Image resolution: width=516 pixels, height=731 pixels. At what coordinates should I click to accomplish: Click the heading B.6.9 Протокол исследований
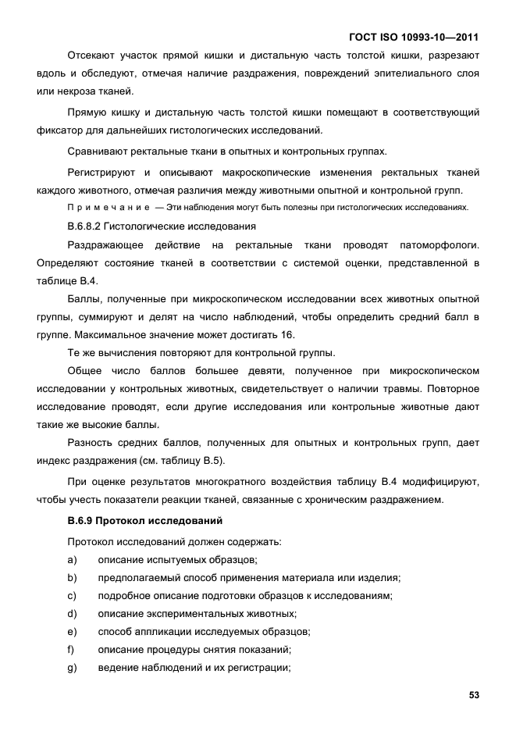point(134,520)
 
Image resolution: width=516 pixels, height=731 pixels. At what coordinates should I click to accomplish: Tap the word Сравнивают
point(98,151)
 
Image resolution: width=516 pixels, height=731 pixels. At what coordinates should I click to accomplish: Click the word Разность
point(92,443)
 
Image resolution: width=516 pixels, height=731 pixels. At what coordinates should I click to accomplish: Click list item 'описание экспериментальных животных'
point(197,613)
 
